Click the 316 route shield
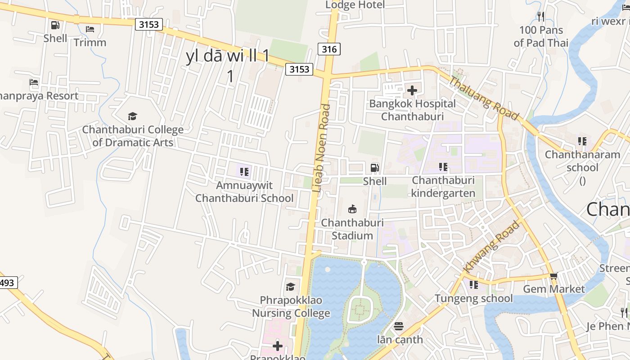click(329, 49)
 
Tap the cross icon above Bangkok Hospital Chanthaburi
click(412, 90)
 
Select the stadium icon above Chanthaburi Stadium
click(352, 209)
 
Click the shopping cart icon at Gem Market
click(553, 276)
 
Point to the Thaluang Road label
click(484, 99)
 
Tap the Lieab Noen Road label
click(321, 148)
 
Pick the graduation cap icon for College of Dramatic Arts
click(132, 117)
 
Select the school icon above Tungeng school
click(473, 285)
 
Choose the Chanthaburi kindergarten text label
click(443, 187)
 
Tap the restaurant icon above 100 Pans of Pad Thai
click(541, 17)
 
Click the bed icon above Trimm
click(90, 29)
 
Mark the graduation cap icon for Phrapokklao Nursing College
click(291, 287)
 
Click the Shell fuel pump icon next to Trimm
click(55, 25)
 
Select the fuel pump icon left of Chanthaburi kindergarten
click(374, 168)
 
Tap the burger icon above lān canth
click(399, 326)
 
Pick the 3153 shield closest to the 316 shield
click(299, 69)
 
